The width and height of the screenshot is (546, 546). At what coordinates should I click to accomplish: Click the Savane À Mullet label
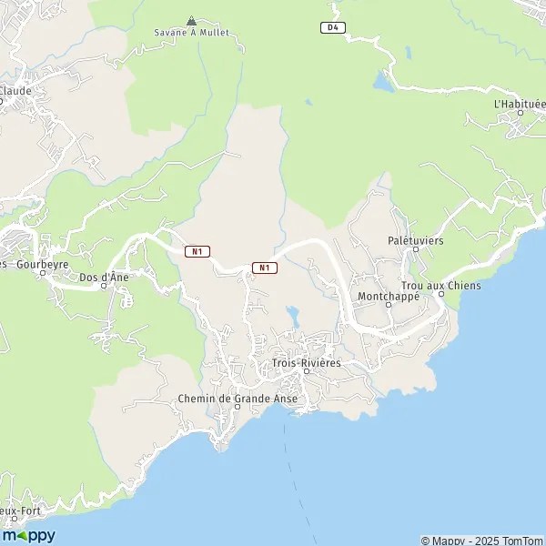191,33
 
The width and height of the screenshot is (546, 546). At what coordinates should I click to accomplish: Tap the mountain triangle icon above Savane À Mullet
191,20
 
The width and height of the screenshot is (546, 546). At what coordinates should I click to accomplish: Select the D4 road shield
334,27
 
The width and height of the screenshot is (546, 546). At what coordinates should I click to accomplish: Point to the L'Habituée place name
519,104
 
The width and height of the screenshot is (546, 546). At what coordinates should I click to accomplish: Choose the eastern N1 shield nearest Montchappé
264,268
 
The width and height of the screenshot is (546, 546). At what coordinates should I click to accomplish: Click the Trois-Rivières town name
306,363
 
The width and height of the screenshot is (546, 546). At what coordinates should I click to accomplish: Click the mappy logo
29,535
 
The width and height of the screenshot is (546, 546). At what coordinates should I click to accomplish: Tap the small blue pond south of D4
381,82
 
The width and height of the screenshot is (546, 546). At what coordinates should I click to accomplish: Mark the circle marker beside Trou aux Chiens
441,295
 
